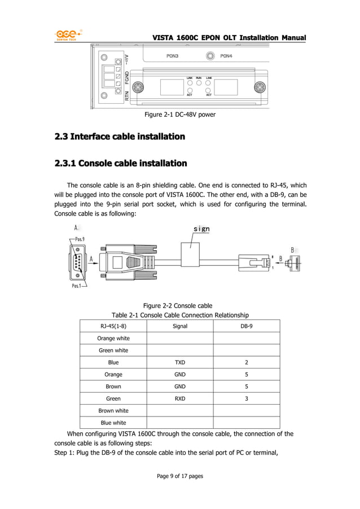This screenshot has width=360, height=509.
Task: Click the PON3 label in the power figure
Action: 173,56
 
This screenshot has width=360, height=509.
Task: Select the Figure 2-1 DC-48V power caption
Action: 180,115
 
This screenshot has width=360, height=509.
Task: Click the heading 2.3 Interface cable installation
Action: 119,137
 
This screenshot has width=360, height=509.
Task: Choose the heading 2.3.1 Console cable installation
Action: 120,164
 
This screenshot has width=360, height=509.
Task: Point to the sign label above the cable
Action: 201,229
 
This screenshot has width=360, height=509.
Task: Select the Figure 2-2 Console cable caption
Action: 177,305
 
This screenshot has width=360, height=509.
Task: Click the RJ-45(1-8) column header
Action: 113,326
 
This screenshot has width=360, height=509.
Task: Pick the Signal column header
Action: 180,326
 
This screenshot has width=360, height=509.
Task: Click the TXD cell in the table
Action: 180,362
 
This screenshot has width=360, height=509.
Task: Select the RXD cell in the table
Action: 180,398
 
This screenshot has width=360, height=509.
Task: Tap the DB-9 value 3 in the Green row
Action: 247,398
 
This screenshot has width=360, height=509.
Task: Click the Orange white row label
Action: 113,339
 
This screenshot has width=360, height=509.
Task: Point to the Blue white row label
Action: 113,423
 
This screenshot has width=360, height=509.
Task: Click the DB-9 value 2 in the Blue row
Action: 247,362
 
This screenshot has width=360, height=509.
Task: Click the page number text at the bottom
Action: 180,476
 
